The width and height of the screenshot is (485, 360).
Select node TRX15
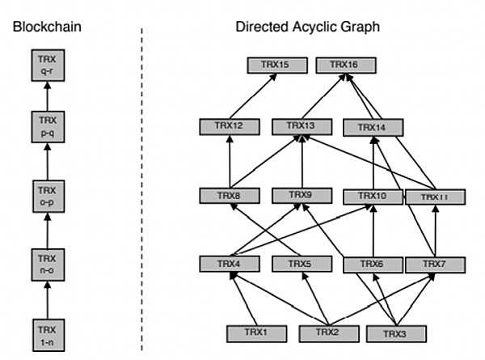click(276, 63)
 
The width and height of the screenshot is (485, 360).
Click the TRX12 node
click(230, 126)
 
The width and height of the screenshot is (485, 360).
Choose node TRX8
click(230, 195)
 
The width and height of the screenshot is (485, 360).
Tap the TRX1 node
click(254, 332)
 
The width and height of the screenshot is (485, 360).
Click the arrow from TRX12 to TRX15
click(253, 95)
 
